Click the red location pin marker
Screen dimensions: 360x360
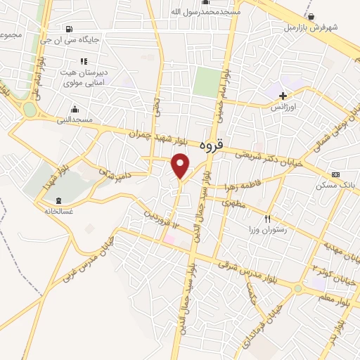click(181, 166)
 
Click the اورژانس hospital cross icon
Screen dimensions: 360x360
click(283, 96)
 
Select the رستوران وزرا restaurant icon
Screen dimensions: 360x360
click(266, 219)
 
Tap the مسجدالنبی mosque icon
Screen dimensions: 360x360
click(75, 108)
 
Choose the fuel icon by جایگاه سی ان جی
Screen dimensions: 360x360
click(68, 29)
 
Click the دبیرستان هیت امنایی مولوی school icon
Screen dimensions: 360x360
click(84, 61)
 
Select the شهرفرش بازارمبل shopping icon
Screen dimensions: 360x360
click(310, 16)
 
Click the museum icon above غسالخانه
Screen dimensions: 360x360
click(58, 200)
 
